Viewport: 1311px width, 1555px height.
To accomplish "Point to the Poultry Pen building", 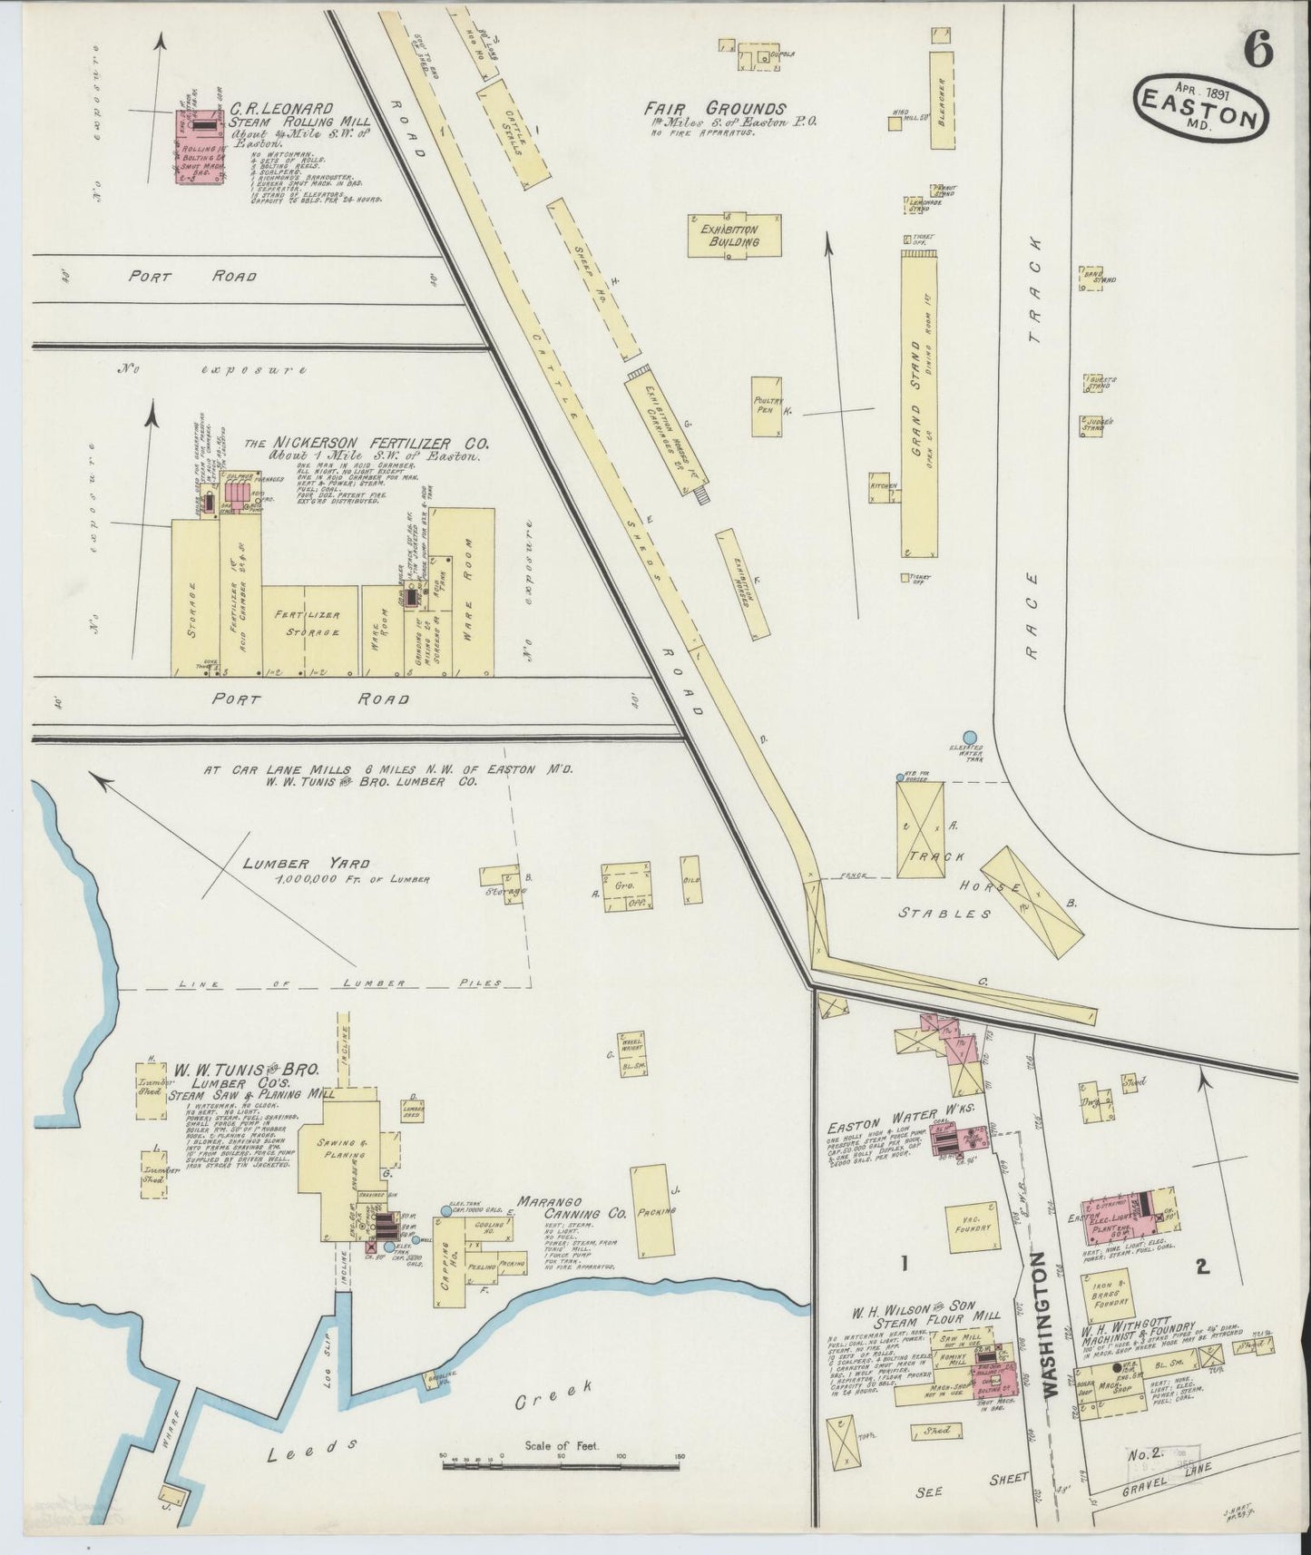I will pos(768,406).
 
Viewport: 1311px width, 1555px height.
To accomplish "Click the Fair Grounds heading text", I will pos(716,109).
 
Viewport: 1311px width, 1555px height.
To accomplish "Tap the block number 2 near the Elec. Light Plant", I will pos(1203,1267).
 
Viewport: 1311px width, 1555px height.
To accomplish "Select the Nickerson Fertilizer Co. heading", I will pos(367,445).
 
